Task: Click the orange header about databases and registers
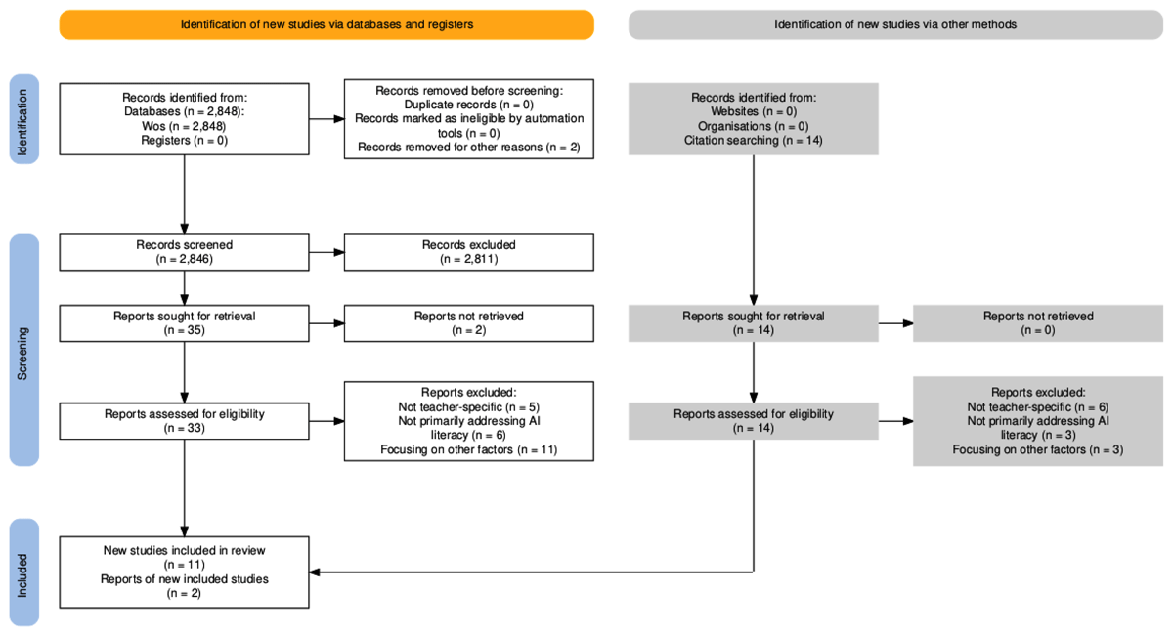point(326,24)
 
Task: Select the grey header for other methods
point(895,24)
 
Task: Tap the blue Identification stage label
point(24,119)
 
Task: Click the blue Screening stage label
point(24,350)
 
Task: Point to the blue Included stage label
point(24,572)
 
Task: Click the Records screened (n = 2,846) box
point(185,252)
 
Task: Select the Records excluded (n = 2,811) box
point(468,252)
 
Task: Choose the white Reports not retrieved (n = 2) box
point(468,323)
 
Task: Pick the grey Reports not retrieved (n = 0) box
point(1038,323)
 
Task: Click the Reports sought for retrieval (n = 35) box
point(185,323)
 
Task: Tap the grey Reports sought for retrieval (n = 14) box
point(754,323)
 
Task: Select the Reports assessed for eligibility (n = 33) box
point(185,421)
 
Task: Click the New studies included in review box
point(185,572)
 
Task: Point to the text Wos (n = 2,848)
point(184,126)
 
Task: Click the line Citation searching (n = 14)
point(753,141)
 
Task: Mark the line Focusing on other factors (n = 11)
point(468,449)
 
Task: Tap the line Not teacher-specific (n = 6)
point(1038,406)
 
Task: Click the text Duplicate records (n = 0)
point(468,105)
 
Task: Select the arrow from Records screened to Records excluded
point(326,252)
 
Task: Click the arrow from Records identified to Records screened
point(185,194)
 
